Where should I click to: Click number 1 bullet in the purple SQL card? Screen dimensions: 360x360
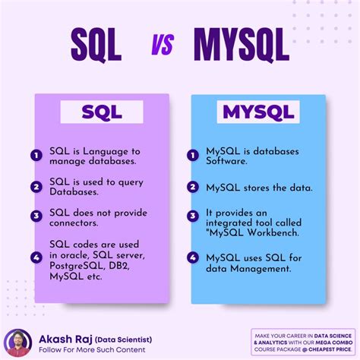pyautogui.click(x=35, y=156)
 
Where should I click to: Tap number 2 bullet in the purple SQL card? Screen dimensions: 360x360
pyautogui.click(x=35, y=187)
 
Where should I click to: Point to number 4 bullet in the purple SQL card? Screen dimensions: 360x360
pyautogui.click(x=35, y=256)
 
